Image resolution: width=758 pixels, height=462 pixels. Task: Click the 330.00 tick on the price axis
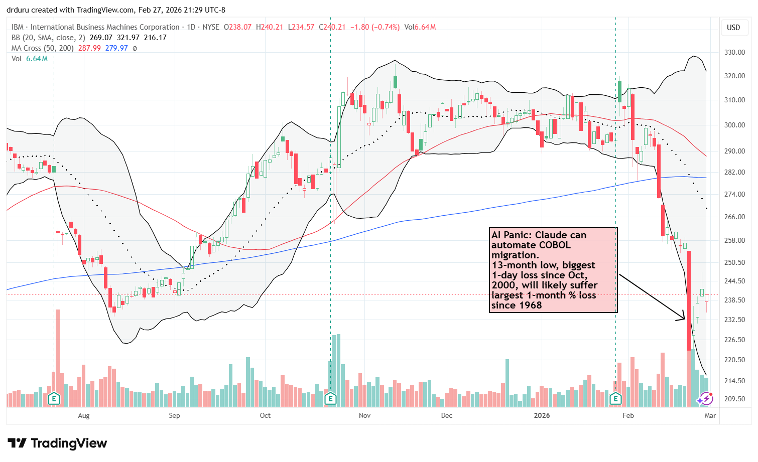[x=733, y=52]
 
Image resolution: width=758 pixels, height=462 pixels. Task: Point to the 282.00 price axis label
[x=733, y=172]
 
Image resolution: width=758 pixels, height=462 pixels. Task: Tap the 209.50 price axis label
[x=733, y=399]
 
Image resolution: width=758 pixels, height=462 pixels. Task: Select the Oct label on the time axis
[x=265, y=415]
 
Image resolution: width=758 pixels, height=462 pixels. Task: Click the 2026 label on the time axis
[x=542, y=415]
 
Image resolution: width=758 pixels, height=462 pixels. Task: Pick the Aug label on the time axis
[x=84, y=415]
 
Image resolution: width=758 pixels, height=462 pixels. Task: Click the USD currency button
[x=733, y=28]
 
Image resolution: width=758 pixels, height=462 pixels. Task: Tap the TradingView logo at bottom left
[x=57, y=443]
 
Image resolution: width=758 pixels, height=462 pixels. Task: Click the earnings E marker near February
[x=615, y=399]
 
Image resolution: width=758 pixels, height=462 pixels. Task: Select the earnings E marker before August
[x=54, y=399]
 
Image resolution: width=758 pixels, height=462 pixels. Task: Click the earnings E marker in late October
[x=330, y=399]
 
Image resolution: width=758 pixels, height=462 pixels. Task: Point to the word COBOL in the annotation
[x=554, y=245]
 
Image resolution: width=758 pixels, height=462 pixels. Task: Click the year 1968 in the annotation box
[x=530, y=305]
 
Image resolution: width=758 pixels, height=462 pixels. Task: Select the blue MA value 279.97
[x=116, y=48]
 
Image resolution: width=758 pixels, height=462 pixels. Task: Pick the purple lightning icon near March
[x=705, y=399]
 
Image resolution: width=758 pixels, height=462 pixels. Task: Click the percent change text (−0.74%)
[x=386, y=27]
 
